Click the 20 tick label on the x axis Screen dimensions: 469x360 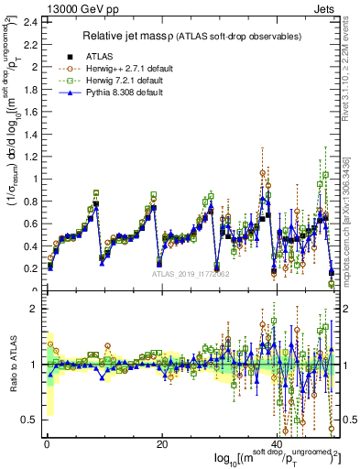click(x=161, y=445)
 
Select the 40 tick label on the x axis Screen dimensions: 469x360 click(x=276, y=445)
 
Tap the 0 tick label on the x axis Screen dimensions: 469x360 click(x=47, y=445)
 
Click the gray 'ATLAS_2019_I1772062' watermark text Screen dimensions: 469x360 click(x=190, y=274)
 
